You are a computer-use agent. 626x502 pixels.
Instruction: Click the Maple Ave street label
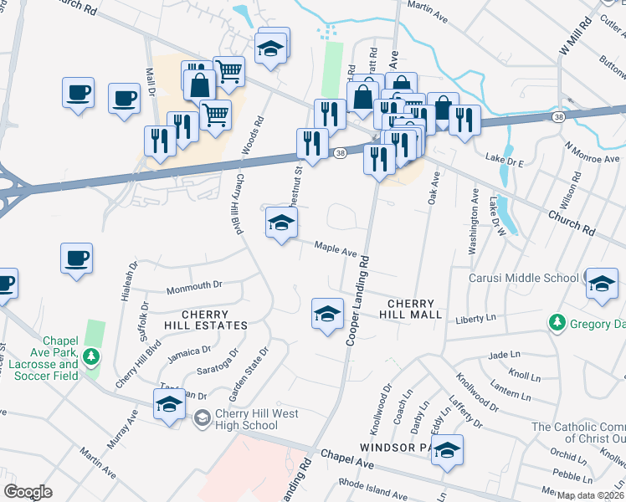coord(336,249)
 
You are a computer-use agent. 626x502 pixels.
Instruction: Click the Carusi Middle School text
coord(523,278)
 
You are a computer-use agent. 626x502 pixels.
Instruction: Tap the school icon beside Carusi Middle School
coord(601,283)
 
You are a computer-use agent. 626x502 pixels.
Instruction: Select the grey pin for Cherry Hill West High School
coord(201,417)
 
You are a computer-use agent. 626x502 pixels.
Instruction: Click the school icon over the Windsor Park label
coord(447,450)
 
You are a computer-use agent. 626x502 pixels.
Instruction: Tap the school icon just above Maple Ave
coord(281,223)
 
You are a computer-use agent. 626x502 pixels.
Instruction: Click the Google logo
coord(28,492)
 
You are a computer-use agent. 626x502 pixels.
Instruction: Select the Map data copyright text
coord(589,495)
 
